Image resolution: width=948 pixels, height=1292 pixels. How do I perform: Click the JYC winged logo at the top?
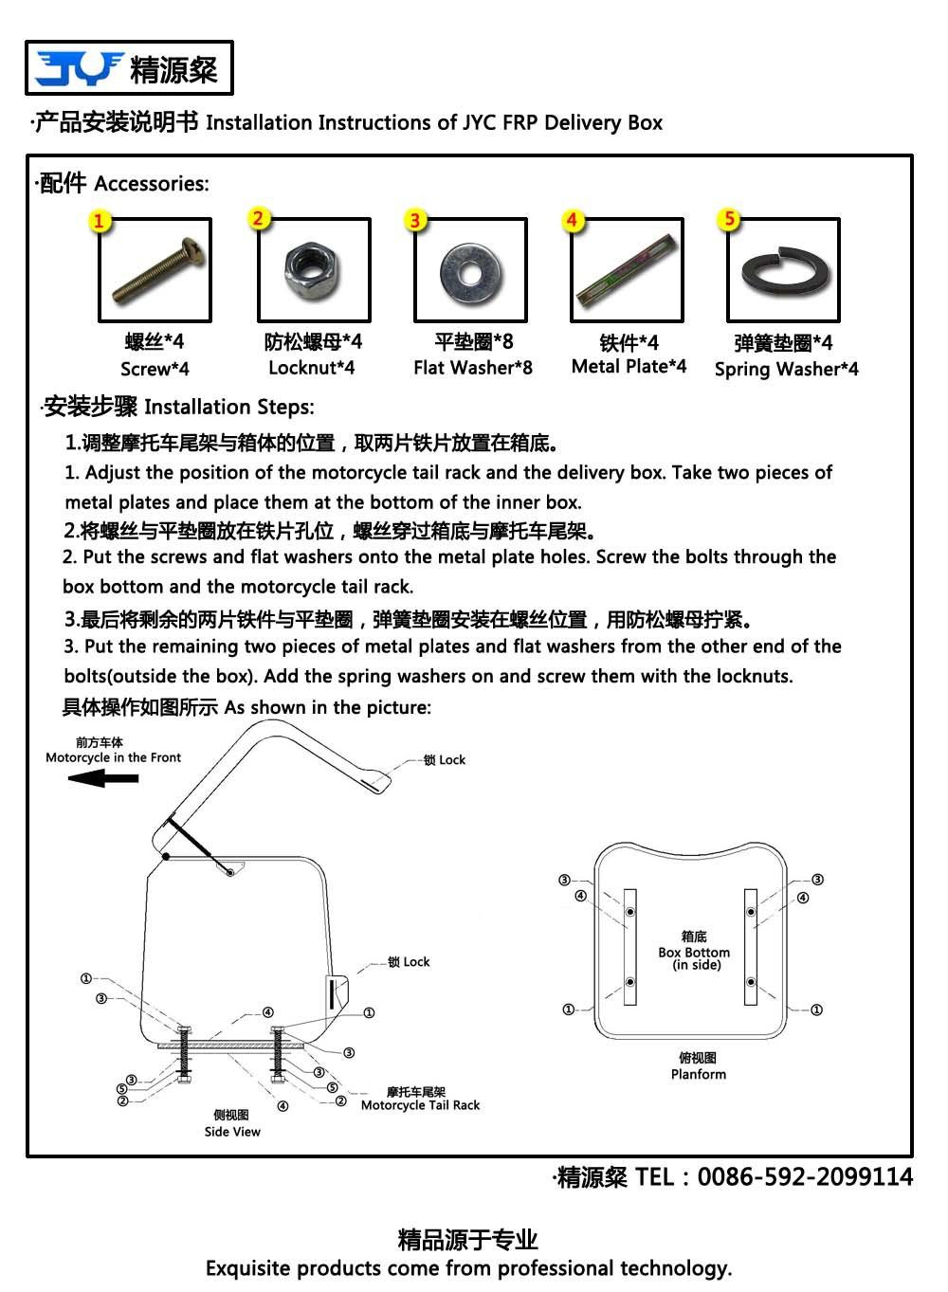[x=79, y=68]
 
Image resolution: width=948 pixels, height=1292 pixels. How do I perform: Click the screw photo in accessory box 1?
[x=155, y=270]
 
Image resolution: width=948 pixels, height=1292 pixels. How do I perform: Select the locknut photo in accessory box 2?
[x=313, y=269]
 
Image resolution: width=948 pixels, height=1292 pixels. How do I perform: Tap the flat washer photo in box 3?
[x=470, y=271]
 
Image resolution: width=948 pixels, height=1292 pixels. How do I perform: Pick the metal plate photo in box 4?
[x=626, y=270]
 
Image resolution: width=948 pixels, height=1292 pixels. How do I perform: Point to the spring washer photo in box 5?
[x=783, y=270]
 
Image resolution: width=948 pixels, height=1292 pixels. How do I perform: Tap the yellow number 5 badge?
[x=729, y=219]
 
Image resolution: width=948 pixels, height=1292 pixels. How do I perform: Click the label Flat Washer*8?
[x=473, y=368]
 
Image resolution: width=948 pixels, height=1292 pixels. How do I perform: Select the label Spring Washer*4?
[x=786, y=370]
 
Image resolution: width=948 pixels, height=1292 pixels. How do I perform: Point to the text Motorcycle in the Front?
[x=113, y=758]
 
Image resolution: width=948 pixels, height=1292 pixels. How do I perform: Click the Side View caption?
[x=232, y=1132]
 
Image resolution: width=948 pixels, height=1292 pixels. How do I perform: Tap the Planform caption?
[x=699, y=1075]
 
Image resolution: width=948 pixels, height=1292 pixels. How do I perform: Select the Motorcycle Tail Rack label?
[x=420, y=1105]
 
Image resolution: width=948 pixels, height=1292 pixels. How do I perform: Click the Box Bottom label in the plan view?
[x=694, y=953]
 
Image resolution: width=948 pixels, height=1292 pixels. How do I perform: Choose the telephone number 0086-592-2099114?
[x=805, y=1177]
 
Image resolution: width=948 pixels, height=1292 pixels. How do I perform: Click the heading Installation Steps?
[x=228, y=408]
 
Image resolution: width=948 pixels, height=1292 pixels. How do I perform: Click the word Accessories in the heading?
[x=152, y=184]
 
